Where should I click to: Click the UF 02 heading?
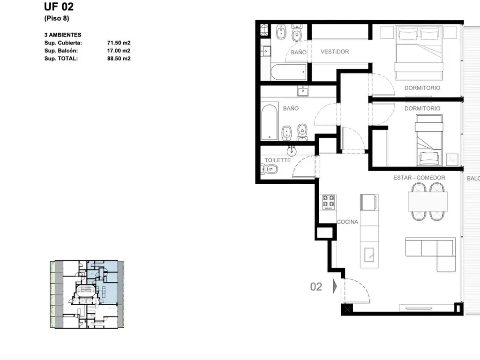(x=59, y=7)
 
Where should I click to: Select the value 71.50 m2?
(x=119, y=43)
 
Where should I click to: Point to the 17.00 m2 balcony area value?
(x=119, y=51)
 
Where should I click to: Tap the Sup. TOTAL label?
(x=61, y=59)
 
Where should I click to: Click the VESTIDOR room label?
(x=335, y=52)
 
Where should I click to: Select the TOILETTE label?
(x=277, y=160)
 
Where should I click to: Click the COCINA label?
(x=347, y=222)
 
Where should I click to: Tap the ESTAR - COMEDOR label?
(x=419, y=178)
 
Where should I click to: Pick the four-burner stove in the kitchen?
(x=329, y=202)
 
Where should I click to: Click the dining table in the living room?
(x=427, y=202)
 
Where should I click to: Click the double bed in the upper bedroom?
(x=419, y=53)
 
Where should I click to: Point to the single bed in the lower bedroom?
(x=429, y=140)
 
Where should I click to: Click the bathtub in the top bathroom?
(x=288, y=72)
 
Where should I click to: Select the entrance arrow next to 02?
(x=335, y=286)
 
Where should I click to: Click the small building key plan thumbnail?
(x=87, y=294)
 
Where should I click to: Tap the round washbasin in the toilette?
(x=292, y=150)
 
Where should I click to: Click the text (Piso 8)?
(x=57, y=18)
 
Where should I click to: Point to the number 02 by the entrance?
(x=316, y=287)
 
